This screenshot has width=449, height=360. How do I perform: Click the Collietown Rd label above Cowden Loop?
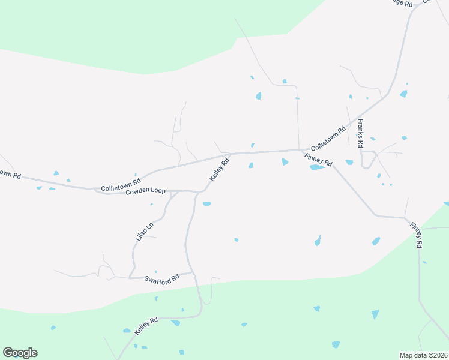coord(121,183)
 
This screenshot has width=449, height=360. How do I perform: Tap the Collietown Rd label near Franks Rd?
coord(328,138)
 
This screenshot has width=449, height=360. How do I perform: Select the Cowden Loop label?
coord(145,190)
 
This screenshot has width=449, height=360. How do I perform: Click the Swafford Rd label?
coord(162,279)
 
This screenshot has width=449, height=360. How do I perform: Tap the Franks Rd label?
coord(361,133)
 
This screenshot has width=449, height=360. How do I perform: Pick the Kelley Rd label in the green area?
coord(146,326)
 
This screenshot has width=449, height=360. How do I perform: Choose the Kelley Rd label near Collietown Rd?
coord(219,170)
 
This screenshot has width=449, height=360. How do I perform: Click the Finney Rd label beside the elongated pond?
coord(318,159)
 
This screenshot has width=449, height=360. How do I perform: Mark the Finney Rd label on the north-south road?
coord(417,235)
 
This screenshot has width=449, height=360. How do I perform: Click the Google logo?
coord(20,353)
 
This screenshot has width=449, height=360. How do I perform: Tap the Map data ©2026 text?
coord(424,355)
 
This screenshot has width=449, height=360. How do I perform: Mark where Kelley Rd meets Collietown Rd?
coord(232,154)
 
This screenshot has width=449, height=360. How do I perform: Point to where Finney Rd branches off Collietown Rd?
coord(301,150)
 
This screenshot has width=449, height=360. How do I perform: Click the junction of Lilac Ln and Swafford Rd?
coord(130,278)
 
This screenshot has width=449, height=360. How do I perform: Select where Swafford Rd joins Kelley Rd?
coord(193,272)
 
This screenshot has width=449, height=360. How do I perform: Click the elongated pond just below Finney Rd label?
coord(317,167)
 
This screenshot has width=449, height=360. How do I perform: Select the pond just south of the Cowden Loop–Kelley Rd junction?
coord(207,204)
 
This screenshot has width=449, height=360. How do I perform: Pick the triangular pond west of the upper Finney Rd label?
coord(285,161)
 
